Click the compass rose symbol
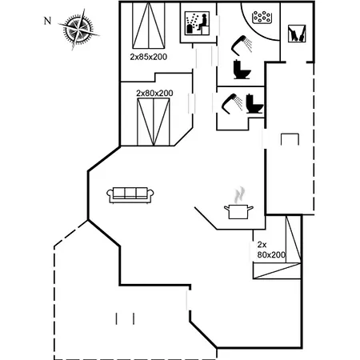(x=78, y=29)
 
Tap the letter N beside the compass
(x=47, y=21)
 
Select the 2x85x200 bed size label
(x=149, y=57)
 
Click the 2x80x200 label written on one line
(x=154, y=93)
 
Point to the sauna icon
(x=197, y=23)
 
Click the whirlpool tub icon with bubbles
(x=262, y=18)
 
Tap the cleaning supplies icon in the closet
(x=297, y=34)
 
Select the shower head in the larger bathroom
(x=241, y=44)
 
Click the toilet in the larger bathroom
(x=242, y=70)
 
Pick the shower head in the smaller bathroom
(x=232, y=102)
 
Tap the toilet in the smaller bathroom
(x=254, y=104)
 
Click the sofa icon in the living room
(x=130, y=195)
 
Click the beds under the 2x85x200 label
(x=149, y=26)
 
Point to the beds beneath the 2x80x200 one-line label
(x=154, y=122)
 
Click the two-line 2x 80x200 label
(x=271, y=250)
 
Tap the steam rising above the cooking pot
(x=239, y=194)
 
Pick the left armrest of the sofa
(x=110, y=194)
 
